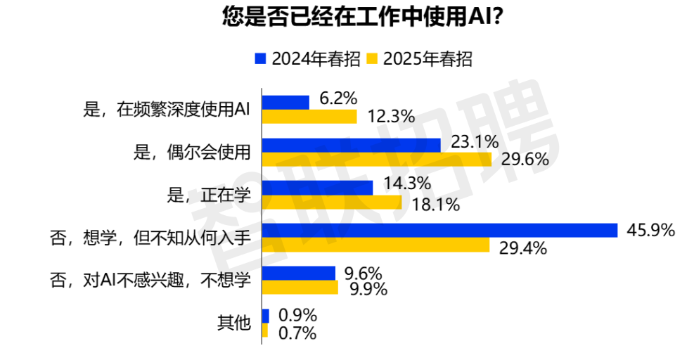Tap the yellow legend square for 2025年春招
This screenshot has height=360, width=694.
click(372, 58)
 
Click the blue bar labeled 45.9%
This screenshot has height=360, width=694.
click(439, 231)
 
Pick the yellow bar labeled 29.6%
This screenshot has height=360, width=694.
click(377, 160)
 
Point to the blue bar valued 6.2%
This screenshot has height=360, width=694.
click(285, 102)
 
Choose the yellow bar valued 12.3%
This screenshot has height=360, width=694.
click(309, 117)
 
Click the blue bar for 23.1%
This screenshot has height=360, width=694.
click(352, 145)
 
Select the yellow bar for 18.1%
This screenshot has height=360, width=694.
click(332, 202)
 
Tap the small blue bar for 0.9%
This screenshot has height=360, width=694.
click(265, 316)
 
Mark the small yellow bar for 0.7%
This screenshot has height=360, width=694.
click(264, 330)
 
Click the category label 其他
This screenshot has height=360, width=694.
click(234, 323)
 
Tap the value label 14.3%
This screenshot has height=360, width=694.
click(407, 186)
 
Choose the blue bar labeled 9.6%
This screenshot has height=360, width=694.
click(299, 274)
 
